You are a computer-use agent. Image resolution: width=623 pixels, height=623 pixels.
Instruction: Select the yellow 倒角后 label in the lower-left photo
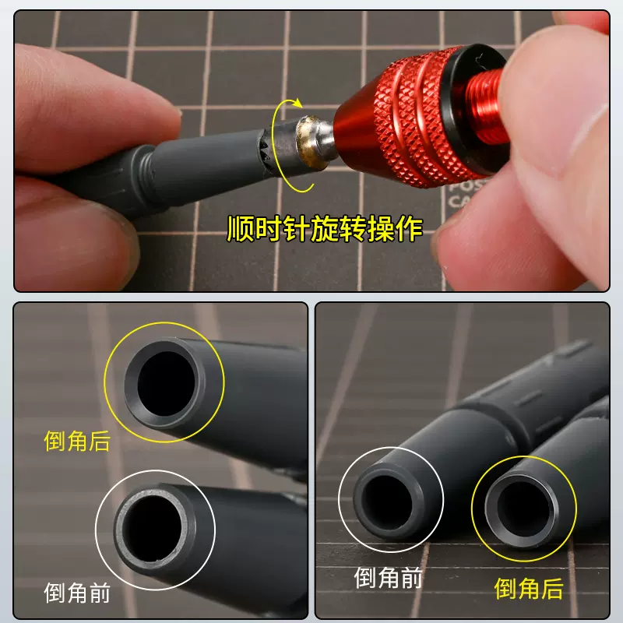(x=77, y=442)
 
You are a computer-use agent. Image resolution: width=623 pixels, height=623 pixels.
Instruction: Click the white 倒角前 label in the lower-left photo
(x=77, y=593)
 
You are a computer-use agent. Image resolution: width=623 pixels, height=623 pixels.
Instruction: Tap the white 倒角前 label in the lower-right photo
(x=389, y=577)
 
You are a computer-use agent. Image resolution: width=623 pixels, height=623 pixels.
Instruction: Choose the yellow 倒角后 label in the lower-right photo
(x=529, y=589)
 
